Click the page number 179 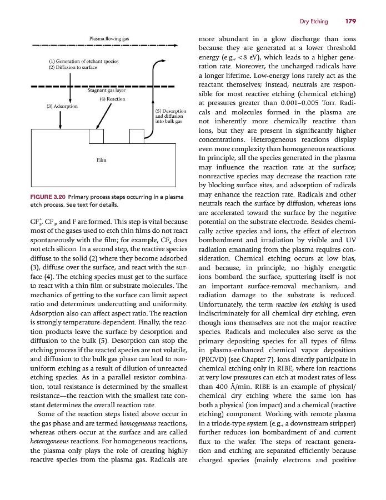(x=350, y=22)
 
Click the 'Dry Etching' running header (x=314, y=22)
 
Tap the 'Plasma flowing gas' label (x=109, y=39)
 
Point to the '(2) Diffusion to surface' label (x=73, y=67)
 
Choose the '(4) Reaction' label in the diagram (x=112, y=99)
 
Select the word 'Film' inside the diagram (x=102, y=161)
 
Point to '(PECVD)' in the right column (x=212, y=358)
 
